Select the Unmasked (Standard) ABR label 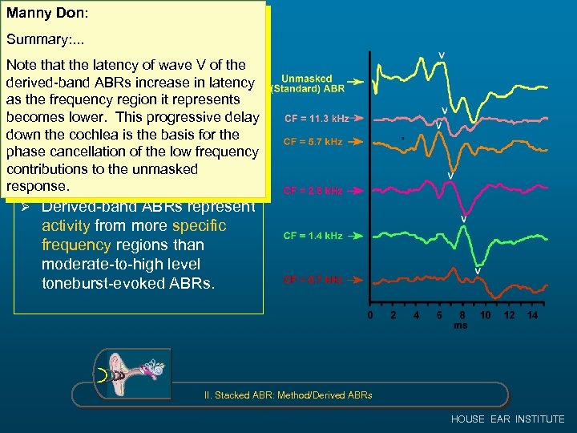point(306,84)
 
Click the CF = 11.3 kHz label point(317,119)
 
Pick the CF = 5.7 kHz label point(313,143)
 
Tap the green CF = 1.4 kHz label point(312,237)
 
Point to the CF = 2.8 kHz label point(313,192)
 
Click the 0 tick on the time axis point(369,316)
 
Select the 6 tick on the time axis point(439,316)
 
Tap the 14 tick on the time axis point(532,316)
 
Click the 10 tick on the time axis point(486,316)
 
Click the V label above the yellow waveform point(442,55)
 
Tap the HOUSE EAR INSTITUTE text point(507,419)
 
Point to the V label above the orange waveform point(478,271)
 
